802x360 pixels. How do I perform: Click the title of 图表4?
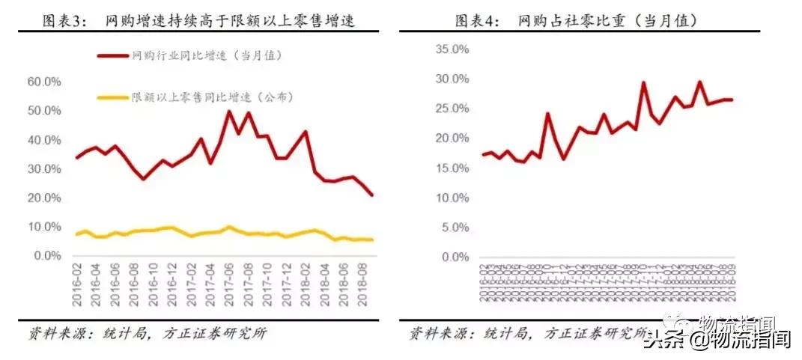click(577, 21)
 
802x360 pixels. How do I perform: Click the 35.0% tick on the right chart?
click(452, 49)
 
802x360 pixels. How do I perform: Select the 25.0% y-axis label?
click(452, 109)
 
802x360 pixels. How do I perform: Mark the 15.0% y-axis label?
click(452, 168)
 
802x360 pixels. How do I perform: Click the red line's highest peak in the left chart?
click(229, 112)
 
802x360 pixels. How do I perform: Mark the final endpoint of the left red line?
click(372, 195)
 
